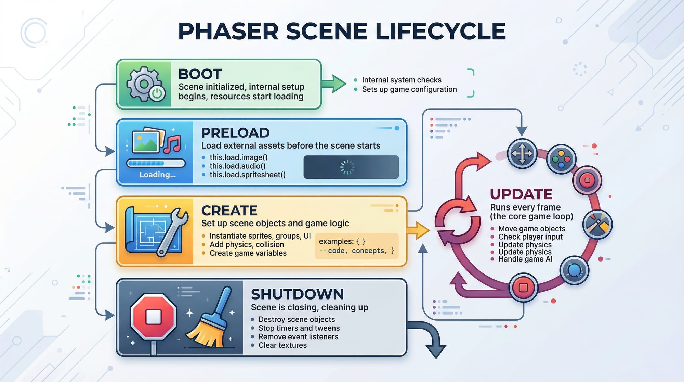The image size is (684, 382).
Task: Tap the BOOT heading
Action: coord(200,74)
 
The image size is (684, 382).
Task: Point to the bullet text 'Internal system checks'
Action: coord(402,80)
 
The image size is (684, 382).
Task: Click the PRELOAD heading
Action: coord(235,133)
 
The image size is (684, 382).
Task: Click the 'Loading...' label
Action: coord(157,175)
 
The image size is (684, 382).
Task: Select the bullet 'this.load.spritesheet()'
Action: coord(247,175)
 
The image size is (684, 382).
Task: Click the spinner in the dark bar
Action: coord(347,167)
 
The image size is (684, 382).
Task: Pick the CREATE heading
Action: coord(229,211)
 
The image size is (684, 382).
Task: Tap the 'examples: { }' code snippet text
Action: coord(342,241)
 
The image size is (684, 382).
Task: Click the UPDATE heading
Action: coord(521,194)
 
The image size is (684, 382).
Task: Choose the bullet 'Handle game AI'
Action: coord(525,259)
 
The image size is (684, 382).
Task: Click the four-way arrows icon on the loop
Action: coord(522,153)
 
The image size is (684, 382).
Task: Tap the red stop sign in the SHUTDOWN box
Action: coord(154,316)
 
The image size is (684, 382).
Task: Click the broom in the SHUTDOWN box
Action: coord(210,320)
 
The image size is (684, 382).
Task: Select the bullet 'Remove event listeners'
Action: coord(298,337)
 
